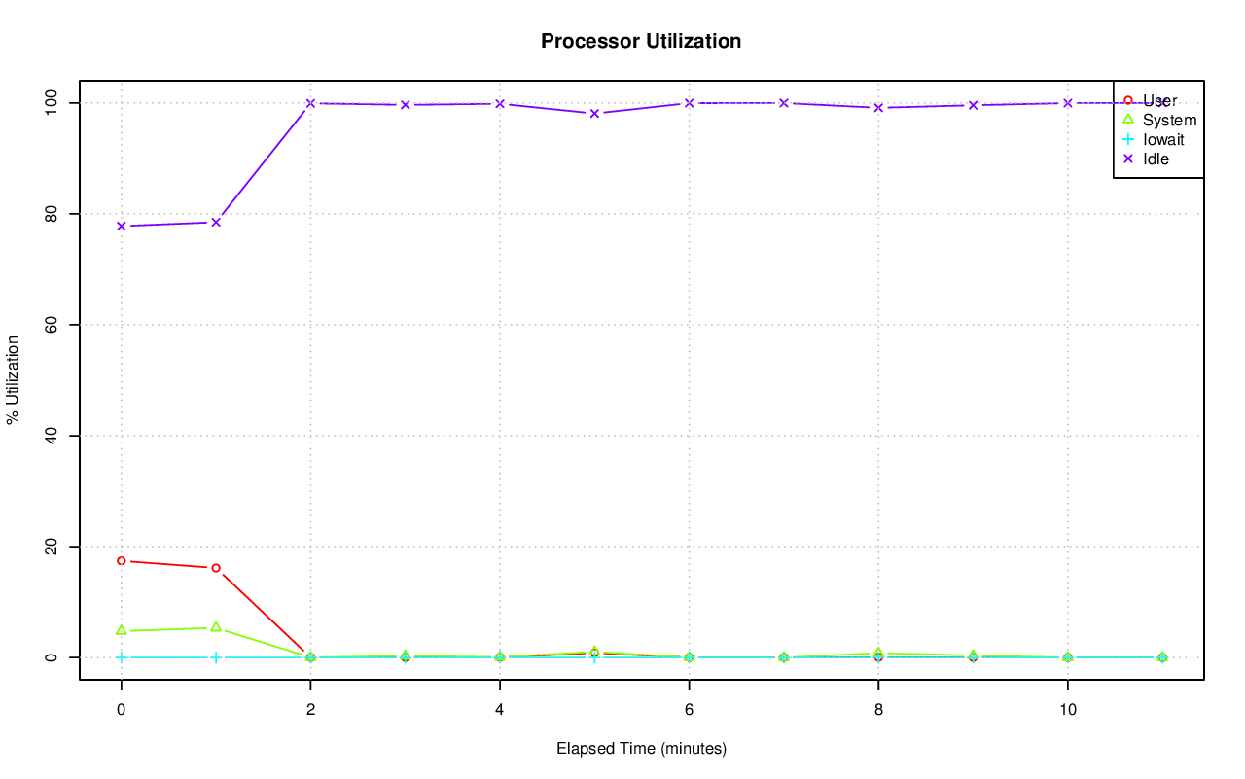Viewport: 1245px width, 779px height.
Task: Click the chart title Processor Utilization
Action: click(x=641, y=41)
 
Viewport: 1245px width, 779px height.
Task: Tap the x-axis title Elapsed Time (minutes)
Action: click(x=641, y=749)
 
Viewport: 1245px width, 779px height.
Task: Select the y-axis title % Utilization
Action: click(x=14, y=380)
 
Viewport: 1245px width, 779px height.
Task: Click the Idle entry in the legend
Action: click(x=1156, y=159)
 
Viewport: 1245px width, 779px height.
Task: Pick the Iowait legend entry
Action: click(x=1163, y=139)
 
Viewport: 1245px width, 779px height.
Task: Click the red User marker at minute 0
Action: click(x=121, y=561)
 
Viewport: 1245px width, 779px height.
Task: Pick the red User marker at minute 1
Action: click(x=216, y=568)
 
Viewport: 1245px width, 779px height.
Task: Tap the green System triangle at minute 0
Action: click(x=121, y=630)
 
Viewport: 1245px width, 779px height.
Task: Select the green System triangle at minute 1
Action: click(x=216, y=627)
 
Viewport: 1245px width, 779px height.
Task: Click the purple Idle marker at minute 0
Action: click(x=121, y=226)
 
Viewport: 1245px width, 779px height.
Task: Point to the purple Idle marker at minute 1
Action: click(x=216, y=222)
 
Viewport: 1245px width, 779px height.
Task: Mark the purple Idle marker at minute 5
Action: click(x=594, y=113)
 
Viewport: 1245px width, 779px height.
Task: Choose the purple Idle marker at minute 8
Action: click(x=878, y=107)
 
